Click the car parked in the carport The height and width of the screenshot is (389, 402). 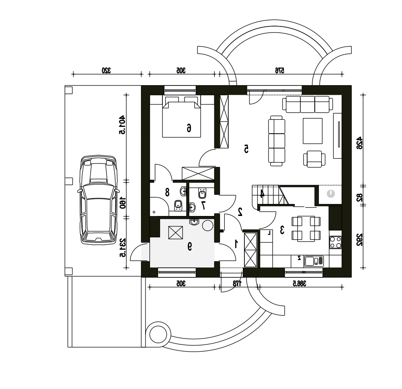click(99, 200)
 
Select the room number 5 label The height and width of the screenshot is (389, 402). click(246, 149)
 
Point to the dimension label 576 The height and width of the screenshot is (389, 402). click(280, 70)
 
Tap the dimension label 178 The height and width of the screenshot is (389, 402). click(238, 283)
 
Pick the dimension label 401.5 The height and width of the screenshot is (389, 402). click(122, 125)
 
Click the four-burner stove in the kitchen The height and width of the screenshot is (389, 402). click(336, 242)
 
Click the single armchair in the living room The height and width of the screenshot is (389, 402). click(314, 159)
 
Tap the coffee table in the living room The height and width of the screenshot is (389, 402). click(312, 131)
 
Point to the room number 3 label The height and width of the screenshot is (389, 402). click(282, 230)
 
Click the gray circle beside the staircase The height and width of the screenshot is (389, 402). click(331, 193)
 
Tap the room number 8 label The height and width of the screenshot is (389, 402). click(167, 192)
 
